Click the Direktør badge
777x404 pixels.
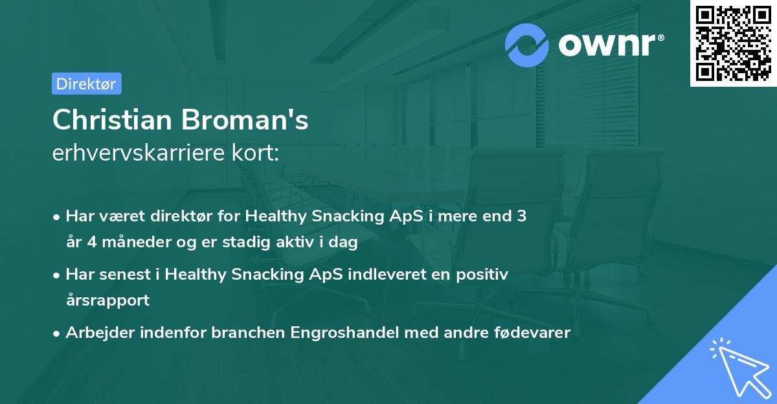[87, 84]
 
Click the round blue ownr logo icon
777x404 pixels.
[528, 44]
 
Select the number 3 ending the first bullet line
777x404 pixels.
[521, 216]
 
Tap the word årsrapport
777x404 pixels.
[107, 300]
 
